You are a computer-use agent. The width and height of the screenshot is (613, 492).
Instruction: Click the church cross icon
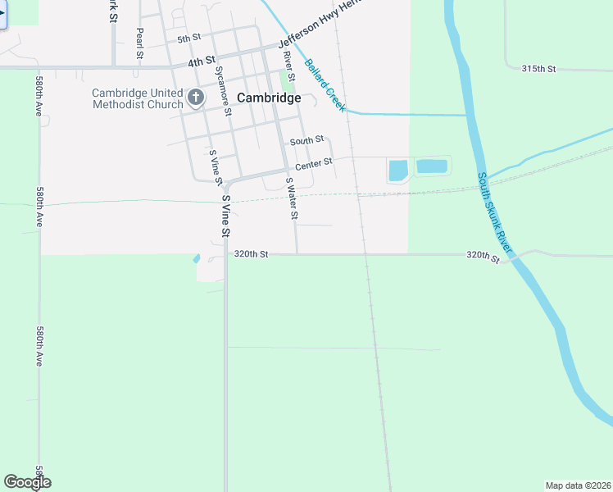(196, 98)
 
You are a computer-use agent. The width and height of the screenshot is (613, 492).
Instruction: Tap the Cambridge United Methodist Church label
(138, 98)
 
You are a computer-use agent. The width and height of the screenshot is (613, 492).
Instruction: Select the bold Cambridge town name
(268, 98)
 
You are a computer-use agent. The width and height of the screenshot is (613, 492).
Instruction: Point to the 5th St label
(188, 38)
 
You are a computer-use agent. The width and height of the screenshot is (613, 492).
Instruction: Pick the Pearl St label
(140, 43)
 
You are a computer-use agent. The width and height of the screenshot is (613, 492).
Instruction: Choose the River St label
(288, 66)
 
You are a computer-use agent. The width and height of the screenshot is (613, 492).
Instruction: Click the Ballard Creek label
(325, 84)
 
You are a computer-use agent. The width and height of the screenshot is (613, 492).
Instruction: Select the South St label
(306, 140)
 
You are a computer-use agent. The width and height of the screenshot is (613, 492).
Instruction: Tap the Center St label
(313, 164)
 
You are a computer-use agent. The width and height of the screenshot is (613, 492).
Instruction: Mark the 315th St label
(538, 69)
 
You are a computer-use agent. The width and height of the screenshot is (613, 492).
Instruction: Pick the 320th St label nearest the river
(483, 257)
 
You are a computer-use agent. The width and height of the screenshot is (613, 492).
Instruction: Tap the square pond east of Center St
(397, 171)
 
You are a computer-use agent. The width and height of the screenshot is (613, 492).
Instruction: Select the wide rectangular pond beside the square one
(432, 166)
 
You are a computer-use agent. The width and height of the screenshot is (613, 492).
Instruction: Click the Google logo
(27, 482)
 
